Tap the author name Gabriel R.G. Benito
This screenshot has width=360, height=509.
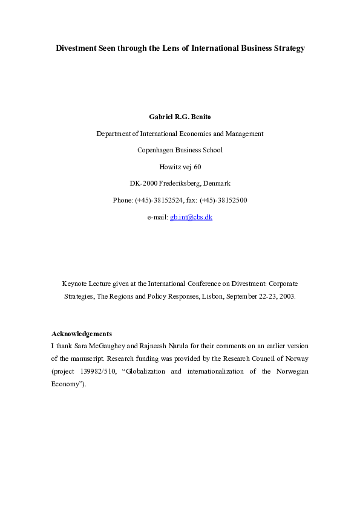(180, 116)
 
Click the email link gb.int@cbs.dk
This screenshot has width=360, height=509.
(191, 216)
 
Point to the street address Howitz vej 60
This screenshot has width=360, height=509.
(180, 166)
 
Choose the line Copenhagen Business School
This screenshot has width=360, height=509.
(180, 150)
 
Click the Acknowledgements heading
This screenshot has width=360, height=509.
(82, 334)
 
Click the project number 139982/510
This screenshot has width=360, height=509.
(96, 371)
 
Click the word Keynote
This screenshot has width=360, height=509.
(76, 284)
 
